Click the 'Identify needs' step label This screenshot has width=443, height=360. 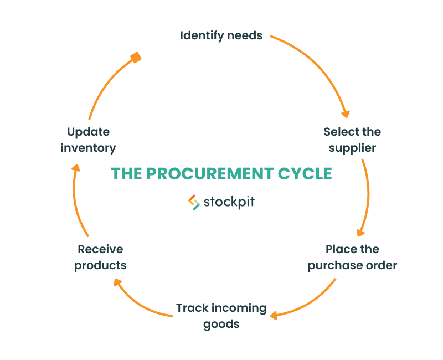coord(221,36)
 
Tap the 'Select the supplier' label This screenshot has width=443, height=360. coord(352,140)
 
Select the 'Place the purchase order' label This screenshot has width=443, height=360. coord(352,258)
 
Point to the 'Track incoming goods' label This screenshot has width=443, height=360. coord(221,316)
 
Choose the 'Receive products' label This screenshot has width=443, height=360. coord(100,258)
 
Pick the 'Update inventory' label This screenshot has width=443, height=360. coord(88,140)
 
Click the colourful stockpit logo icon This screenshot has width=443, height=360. coord(194,202)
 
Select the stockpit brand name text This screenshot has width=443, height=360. coord(229,202)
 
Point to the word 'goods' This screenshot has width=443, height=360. coord(221,325)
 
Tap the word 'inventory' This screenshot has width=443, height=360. coord(88,148)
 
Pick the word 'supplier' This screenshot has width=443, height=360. coord(352,148)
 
